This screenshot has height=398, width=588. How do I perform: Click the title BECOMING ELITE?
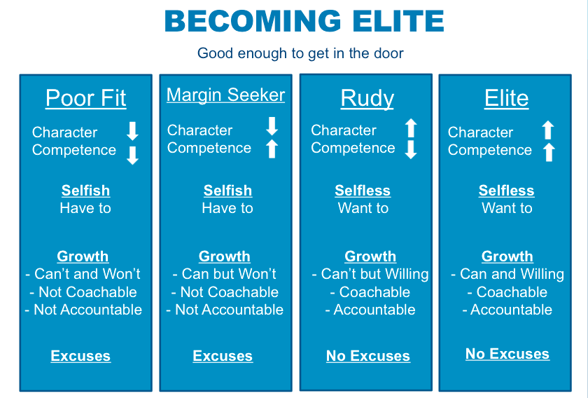click(x=304, y=21)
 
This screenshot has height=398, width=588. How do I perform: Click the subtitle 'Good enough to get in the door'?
click(x=300, y=53)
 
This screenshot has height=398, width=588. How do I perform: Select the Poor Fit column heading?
click(x=86, y=98)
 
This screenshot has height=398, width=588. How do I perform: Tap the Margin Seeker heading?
click(x=225, y=95)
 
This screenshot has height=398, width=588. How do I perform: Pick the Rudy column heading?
click(x=367, y=98)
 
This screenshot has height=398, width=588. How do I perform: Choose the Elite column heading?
click(x=506, y=98)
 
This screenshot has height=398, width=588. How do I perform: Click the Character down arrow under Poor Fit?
click(x=132, y=131)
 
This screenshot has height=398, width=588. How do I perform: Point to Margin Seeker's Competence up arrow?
click(x=272, y=149)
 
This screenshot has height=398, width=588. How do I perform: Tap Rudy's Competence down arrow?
click(x=411, y=149)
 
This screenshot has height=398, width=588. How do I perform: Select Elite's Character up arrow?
click(x=548, y=130)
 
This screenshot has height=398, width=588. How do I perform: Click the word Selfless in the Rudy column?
click(x=363, y=191)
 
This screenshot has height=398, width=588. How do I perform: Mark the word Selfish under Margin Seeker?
click(x=227, y=191)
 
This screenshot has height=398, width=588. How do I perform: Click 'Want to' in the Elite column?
click(x=507, y=208)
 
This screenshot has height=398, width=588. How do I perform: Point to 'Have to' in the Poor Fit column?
click(x=85, y=208)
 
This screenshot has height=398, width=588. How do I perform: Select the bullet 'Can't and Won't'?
click(x=83, y=274)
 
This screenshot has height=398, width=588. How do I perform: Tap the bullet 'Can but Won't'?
click(x=224, y=274)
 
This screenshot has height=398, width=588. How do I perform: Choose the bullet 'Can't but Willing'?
click(x=370, y=274)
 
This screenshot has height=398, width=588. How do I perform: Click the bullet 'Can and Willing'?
click(x=507, y=274)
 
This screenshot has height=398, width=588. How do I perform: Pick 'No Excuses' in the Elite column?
click(x=507, y=354)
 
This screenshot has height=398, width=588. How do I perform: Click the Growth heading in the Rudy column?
click(x=370, y=256)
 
